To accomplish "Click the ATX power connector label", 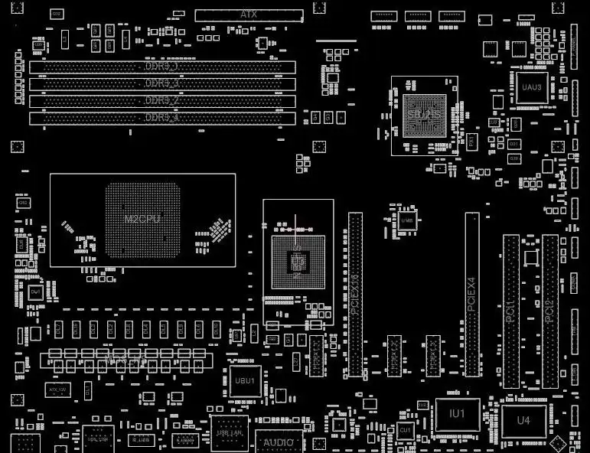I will [x=249, y=15].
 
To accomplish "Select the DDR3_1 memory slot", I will [x=162, y=67].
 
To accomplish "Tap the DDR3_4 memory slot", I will [x=162, y=118].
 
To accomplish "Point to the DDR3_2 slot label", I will [x=162, y=101].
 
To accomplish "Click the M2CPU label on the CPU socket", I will [x=142, y=220].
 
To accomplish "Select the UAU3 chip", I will [x=531, y=87].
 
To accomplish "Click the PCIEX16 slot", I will [x=355, y=295].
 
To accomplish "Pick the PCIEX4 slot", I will [x=472, y=295].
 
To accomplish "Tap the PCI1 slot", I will [x=511, y=311].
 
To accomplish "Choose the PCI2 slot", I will [x=550, y=311].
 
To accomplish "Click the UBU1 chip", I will [x=245, y=380].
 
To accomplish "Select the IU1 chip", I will [x=458, y=414].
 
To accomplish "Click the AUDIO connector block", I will [x=279, y=442].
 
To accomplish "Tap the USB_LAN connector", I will [x=230, y=434].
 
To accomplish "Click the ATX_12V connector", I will [x=59, y=389].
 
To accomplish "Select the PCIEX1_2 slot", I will [x=394, y=356].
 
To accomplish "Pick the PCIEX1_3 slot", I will [x=433, y=356].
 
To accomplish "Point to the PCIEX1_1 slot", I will [x=316, y=356].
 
